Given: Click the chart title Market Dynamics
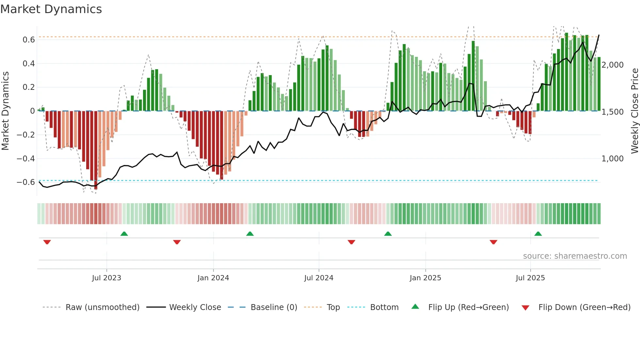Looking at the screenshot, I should pos(51,9).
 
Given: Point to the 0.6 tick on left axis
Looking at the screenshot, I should pos(29,40).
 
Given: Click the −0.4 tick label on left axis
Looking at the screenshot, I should pos(26,159).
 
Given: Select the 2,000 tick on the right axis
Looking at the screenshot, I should pos(613,65).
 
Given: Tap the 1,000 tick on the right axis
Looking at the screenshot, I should pos(613,159).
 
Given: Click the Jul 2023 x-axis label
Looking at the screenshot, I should pos(106,278).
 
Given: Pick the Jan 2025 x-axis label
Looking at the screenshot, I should pos(425,278).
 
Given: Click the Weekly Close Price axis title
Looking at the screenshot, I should pos(634,111).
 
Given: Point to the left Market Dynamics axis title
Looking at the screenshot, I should pos(6,111).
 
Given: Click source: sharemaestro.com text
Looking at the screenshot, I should pos(575,256).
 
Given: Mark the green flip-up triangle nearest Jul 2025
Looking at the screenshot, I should pos(538,234).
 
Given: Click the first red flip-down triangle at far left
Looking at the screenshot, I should pos(47,242).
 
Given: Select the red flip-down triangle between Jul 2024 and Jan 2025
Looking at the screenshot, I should pos(351,242).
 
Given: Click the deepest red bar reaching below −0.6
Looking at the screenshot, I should pos(96,150).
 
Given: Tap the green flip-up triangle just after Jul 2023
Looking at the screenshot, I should pos(124,234).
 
